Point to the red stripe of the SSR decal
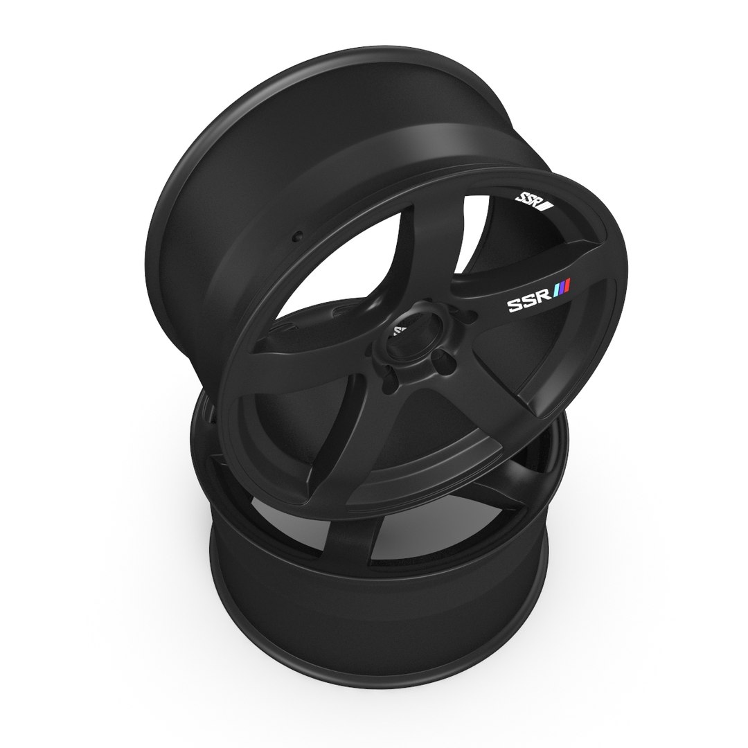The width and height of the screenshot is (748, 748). [567, 285]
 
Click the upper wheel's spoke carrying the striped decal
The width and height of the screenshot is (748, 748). [513, 305]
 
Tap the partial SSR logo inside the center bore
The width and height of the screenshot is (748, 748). [400, 330]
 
